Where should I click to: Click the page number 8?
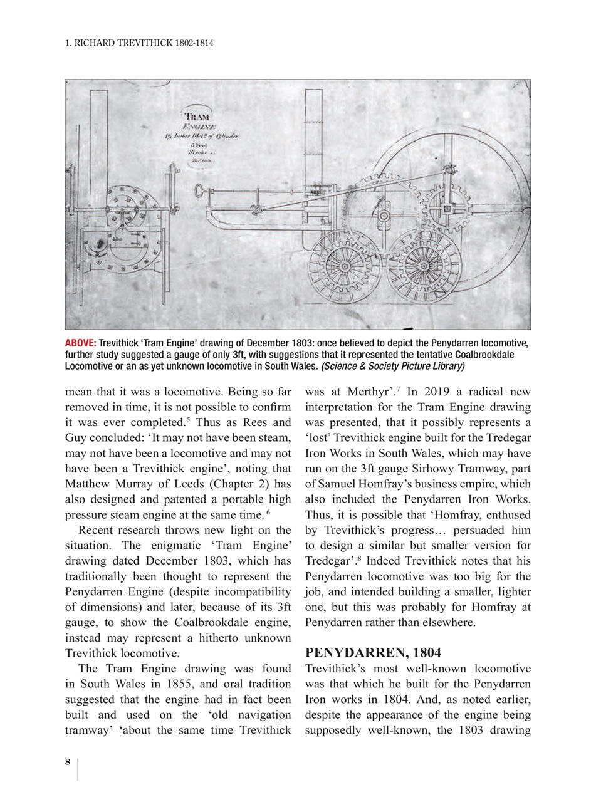pos(68,763)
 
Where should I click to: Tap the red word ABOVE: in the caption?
pos(80,343)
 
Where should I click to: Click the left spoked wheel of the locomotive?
pos(343,266)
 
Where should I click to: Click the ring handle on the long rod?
pos(199,189)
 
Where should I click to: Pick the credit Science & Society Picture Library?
pos(393,366)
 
